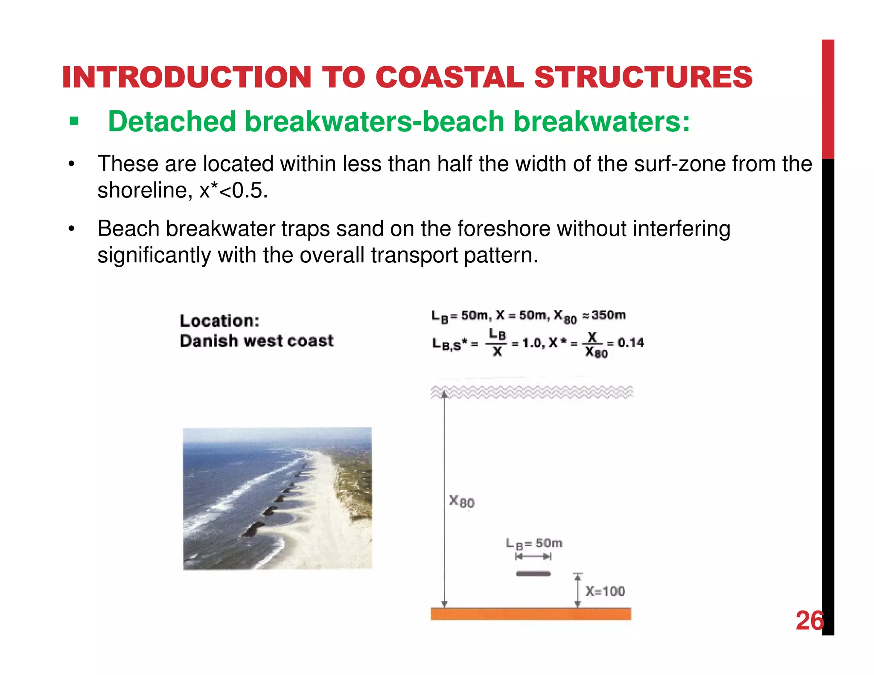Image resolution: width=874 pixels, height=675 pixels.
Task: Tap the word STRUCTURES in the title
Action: pyautogui.click(x=643, y=77)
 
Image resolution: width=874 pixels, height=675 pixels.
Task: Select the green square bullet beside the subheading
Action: pyautogui.click(x=74, y=122)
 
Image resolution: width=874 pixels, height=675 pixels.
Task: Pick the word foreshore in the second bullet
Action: pyautogui.click(x=504, y=229)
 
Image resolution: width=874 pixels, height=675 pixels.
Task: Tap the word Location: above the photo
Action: pyautogui.click(x=219, y=321)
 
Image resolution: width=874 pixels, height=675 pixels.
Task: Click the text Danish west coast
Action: pyautogui.click(x=256, y=341)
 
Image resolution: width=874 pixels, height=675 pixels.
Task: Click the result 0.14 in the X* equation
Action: pyautogui.click(x=631, y=343)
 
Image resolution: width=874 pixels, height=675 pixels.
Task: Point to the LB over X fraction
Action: pyautogui.click(x=497, y=343)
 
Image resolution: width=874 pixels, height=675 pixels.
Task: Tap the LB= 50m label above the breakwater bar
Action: pyautogui.click(x=534, y=544)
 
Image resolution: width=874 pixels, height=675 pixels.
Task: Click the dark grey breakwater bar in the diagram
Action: pyautogui.click(x=533, y=574)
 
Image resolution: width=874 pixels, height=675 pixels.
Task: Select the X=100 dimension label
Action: pyautogui.click(x=605, y=591)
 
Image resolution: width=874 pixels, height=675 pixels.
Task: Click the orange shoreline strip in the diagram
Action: pyautogui.click(x=530, y=614)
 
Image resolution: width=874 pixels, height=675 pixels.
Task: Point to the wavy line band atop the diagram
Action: pyautogui.click(x=531, y=392)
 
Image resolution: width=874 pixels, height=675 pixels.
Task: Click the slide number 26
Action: pyautogui.click(x=809, y=621)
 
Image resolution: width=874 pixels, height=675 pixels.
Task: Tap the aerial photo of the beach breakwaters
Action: pyautogui.click(x=277, y=498)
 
